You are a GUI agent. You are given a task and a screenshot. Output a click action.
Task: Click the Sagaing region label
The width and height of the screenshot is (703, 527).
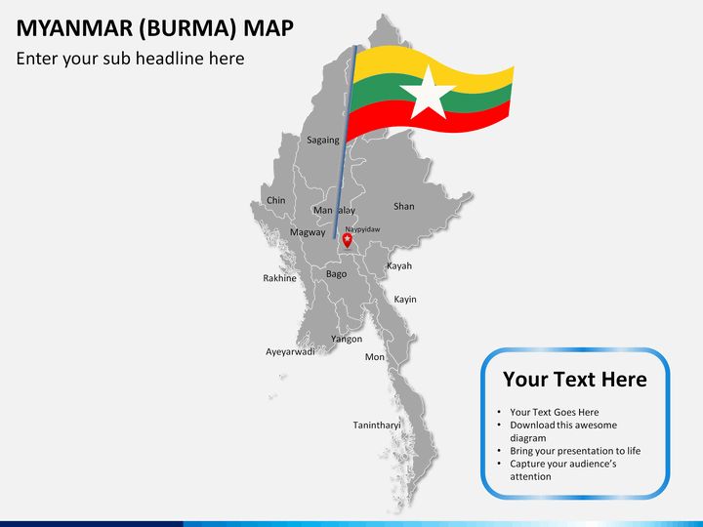pos(323,141)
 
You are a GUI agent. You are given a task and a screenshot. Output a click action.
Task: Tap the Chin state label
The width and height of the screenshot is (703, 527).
pos(276,201)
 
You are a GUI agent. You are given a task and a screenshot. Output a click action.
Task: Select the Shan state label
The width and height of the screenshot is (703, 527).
pos(403,207)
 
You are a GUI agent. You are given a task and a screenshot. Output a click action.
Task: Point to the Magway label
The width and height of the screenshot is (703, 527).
pos(307,232)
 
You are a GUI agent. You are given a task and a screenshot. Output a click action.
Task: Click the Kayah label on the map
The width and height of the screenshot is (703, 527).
pos(399,266)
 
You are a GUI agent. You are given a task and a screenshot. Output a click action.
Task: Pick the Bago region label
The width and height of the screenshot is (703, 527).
pos(336,274)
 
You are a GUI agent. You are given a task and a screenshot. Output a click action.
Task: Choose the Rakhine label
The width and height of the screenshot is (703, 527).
pos(279,278)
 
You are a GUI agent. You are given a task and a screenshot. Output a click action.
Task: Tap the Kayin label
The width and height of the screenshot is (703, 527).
pos(405,300)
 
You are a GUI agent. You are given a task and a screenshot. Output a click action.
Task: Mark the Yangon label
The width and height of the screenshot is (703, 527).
pos(347,340)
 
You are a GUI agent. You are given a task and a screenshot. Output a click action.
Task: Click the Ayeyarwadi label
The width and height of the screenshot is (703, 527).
pos(291,352)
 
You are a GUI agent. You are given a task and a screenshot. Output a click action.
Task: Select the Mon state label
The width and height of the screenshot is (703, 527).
pos(375,357)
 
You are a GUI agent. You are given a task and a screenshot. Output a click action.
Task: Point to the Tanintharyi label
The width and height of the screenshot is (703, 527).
pos(377,426)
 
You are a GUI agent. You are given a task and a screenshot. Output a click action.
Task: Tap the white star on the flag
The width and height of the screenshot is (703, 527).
pos(428,94)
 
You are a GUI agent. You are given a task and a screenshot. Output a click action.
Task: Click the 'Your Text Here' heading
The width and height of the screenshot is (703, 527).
pos(574,380)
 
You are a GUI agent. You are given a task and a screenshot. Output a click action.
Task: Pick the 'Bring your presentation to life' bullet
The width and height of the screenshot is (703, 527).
pos(574,451)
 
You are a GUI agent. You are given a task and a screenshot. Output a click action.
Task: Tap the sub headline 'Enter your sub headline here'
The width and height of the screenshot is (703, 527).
pos(130,59)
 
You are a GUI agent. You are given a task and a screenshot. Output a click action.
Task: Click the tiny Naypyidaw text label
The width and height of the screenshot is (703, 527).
pos(362,229)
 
